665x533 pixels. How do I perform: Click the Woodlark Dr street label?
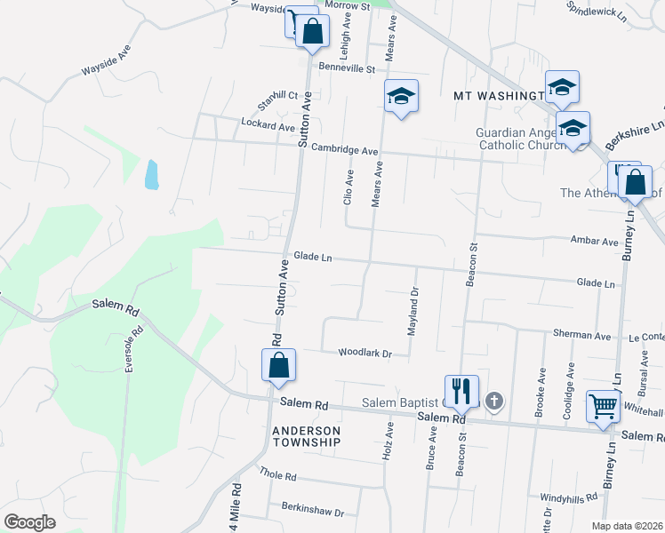(x=365, y=354)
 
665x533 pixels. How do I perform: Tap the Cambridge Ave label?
(x=345, y=151)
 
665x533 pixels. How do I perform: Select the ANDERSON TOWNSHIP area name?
(x=306, y=435)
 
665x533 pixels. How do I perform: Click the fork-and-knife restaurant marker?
(x=461, y=389)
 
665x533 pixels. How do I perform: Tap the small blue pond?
(x=151, y=175)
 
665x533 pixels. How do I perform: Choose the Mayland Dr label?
(x=413, y=311)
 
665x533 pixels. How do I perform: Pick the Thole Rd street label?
(x=277, y=475)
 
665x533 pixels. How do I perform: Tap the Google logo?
(x=29, y=521)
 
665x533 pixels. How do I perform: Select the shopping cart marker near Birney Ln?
(x=604, y=407)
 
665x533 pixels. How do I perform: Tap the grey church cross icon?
(x=494, y=402)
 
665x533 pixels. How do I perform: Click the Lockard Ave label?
(x=268, y=127)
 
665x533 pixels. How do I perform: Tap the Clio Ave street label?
(x=349, y=187)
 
